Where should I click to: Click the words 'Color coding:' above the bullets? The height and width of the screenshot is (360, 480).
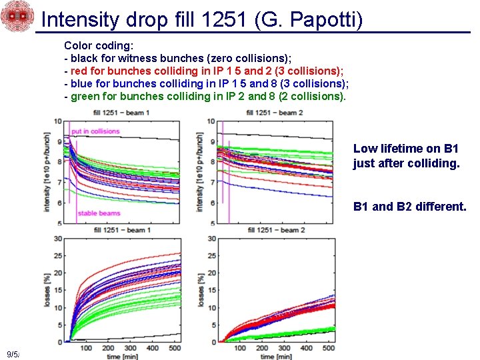tap(99, 45)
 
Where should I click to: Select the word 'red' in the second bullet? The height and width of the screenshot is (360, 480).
tap(79, 71)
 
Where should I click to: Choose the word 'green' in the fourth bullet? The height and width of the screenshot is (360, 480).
tap(85, 96)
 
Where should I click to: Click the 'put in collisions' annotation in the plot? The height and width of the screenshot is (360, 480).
tap(95, 131)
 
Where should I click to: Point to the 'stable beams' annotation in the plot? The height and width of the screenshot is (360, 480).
tap(98, 213)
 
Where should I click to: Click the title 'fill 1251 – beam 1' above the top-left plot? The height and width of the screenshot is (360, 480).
tap(121, 113)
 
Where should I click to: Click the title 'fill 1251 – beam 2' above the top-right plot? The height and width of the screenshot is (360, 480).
tap(274, 113)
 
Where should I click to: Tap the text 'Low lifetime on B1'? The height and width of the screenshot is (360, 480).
tap(406, 149)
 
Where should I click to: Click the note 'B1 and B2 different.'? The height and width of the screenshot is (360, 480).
tap(409, 207)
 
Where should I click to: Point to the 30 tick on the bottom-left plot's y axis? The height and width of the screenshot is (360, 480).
tap(58, 239)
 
